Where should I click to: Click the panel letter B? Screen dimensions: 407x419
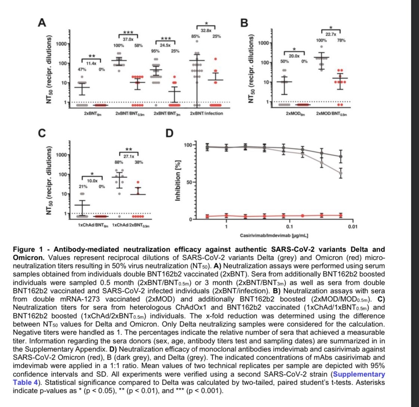pyautogui.click(x=243, y=23)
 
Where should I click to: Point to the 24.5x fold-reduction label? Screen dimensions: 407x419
pyautogui.click(x=166, y=44)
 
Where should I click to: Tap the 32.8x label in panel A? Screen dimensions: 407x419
pyautogui.click(x=206, y=30)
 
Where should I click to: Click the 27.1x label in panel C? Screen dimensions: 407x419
pyautogui.click(x=129, y=156)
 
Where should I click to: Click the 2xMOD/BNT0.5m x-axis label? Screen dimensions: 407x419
pyautogui.click(x=332, y=114)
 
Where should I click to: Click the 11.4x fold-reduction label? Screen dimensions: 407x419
pyautogui.click(x=92, y=64)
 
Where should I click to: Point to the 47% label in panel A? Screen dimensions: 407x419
pyautogui.click(x=82, y=70)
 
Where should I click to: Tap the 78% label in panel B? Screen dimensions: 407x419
pyautogui.click(x=341, y=40)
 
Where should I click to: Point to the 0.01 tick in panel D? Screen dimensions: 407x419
pyautogui.click(x=352, y=226)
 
